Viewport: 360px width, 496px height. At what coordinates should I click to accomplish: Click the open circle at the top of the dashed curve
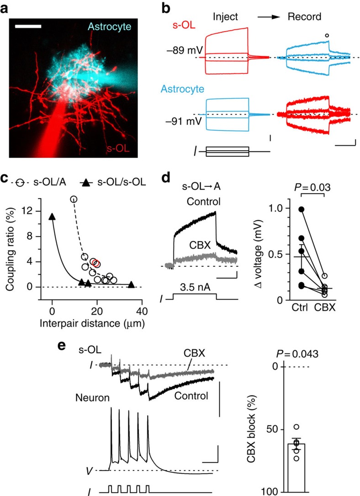pyautogui.click(x=74, y=199)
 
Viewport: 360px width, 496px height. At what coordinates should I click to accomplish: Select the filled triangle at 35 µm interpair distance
pyautogui.click(x=131, y=285)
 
